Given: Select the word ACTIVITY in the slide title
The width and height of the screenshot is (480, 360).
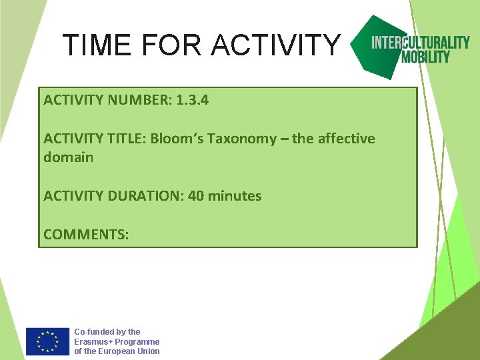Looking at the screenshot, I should [276, 45].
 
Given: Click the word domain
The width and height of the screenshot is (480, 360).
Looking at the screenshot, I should [68, 157].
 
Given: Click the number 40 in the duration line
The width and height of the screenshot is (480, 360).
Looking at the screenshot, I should [196, 196].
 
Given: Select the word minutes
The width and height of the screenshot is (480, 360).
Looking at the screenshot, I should [235, 196].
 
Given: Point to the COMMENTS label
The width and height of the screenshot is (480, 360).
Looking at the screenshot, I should [86, 235].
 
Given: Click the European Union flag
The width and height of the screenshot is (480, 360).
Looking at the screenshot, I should [47, 341].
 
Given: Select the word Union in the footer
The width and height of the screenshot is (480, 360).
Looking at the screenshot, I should [147, 351].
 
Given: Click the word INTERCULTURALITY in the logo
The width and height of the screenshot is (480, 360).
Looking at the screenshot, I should [420, 43].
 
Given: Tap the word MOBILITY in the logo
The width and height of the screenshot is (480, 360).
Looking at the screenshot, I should [425, 57].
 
